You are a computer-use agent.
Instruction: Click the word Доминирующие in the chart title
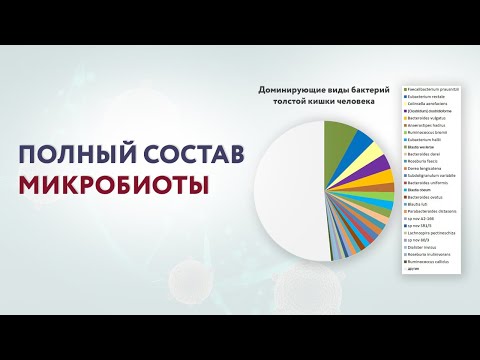click(293, 89)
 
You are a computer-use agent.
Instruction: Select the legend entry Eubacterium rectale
click(426, 94)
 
